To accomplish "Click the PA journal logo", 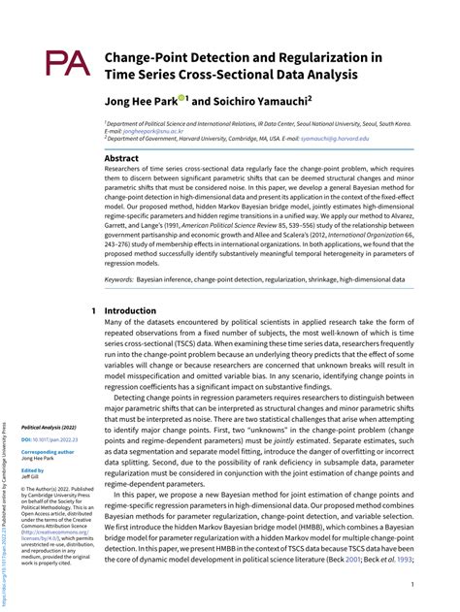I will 65,65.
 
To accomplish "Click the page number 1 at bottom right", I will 413,584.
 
